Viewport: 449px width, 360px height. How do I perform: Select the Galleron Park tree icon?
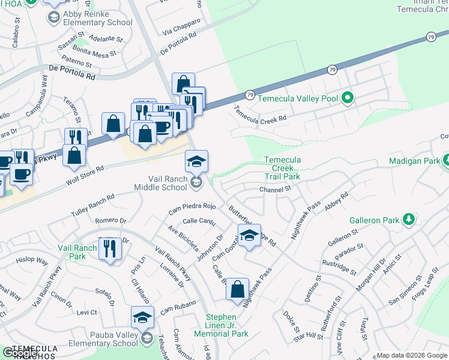(408, 220)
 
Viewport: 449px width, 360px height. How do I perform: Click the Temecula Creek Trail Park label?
(283, 169)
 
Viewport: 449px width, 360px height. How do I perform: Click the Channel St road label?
(275, 189)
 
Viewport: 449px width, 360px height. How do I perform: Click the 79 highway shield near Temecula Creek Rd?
(250, 95)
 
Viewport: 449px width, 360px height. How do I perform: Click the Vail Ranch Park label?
(77, 252)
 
